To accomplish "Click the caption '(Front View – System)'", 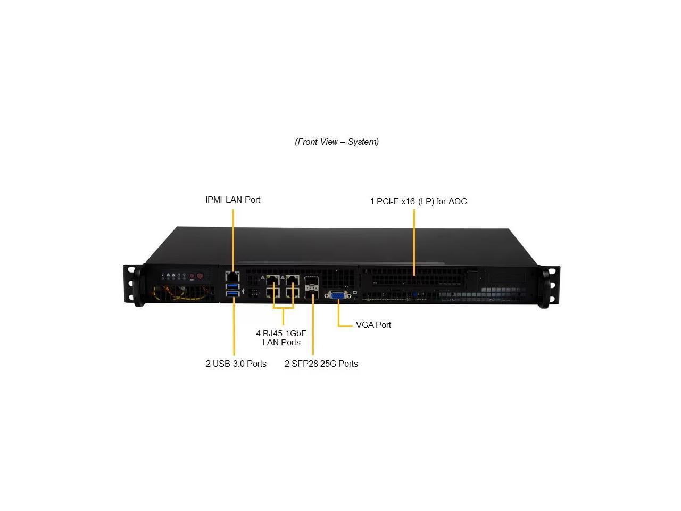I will [x=337, y=142].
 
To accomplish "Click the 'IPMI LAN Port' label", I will [x=233, y=200].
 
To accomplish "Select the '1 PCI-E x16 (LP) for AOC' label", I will [x=418, y=201].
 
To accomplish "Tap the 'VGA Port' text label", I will [x=373, y=325].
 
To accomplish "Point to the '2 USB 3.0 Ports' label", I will [x=236, y=364].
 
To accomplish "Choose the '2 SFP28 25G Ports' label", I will [x=321, y=364].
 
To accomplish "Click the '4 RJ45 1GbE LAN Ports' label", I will [x=281, y=337].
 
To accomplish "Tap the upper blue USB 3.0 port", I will [x=233, y=287].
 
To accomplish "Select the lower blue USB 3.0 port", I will [x=233, y=295].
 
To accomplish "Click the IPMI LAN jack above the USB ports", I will [x=232, y=276].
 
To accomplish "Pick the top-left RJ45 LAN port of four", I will [x=273, y=280].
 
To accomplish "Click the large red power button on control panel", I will [x=200, y=276].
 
